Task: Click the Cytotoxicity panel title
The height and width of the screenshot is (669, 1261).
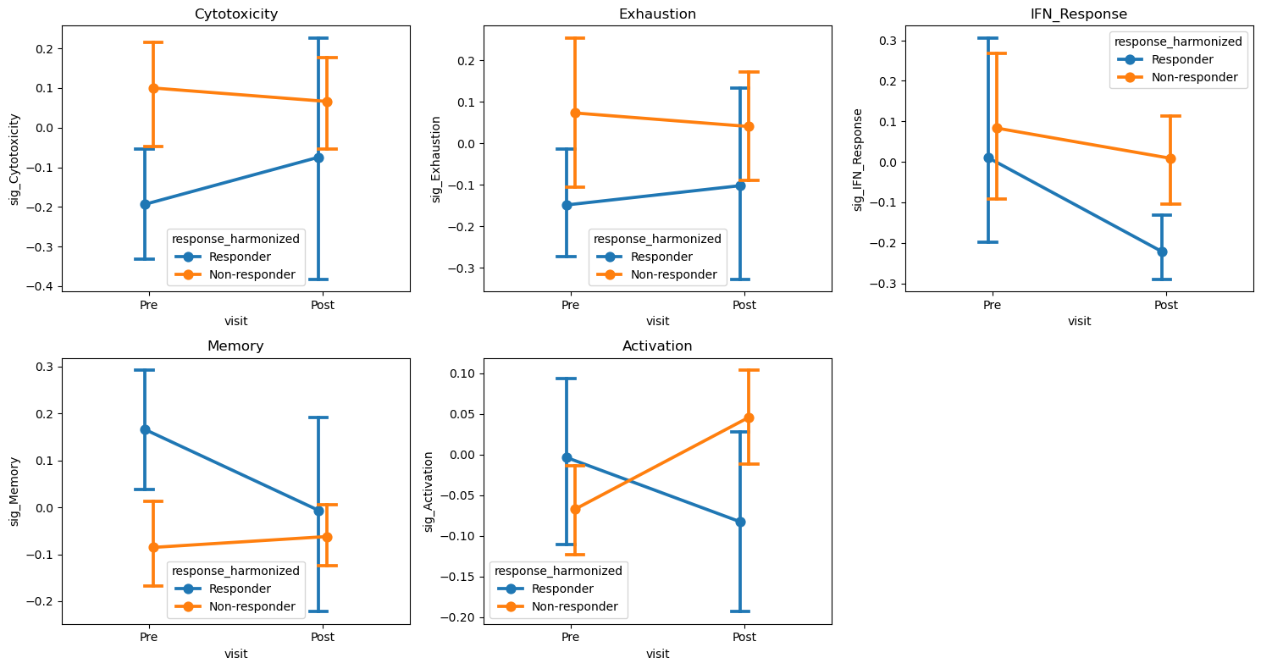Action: tap(235, 14)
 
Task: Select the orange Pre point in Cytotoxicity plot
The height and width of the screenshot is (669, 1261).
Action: tap(153, 88)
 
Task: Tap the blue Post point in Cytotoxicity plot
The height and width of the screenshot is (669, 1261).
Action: tap(318, 158)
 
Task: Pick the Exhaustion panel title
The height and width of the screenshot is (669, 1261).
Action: tap(657, 14)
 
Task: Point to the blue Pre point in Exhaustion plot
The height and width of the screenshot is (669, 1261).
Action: tap(567, 205)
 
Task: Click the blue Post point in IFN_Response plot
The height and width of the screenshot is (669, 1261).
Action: tap(1162, 252)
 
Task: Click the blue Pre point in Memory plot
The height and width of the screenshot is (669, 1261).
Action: tap(145, 429)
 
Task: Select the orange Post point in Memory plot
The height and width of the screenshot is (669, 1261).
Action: tap(327, 537)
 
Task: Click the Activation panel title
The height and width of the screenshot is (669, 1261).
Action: tap(657, 346)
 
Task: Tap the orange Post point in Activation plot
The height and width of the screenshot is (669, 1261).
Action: tap(749, 417)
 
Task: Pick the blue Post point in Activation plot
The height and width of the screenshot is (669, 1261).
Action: tap(740, 522)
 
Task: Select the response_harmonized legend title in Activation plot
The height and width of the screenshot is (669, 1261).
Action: tap(559, 571)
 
